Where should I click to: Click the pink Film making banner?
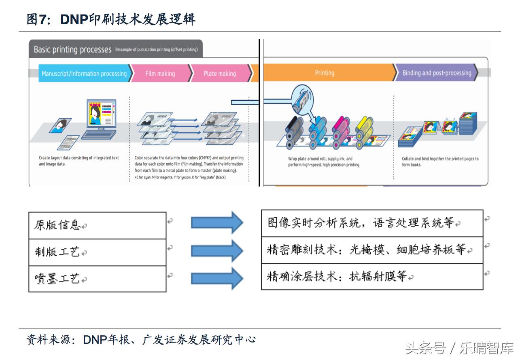(x=160, y=74)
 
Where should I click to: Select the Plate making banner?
(x=220, y=74)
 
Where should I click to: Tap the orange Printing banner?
(x=325, y=73)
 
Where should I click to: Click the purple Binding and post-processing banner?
(x=437, y=73)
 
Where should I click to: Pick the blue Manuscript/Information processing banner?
(x=84, y=74)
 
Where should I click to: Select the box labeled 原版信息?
(x=97, y=225)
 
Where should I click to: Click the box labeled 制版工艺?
(x=97, y=252)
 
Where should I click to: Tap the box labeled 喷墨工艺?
(x=97, y=279)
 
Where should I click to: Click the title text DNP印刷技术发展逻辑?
(x=111, y=19)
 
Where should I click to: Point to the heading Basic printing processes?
(x=72, y=50)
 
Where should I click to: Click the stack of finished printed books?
(x=468, y=123)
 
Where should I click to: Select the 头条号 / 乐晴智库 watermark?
(x=459, y=348)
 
